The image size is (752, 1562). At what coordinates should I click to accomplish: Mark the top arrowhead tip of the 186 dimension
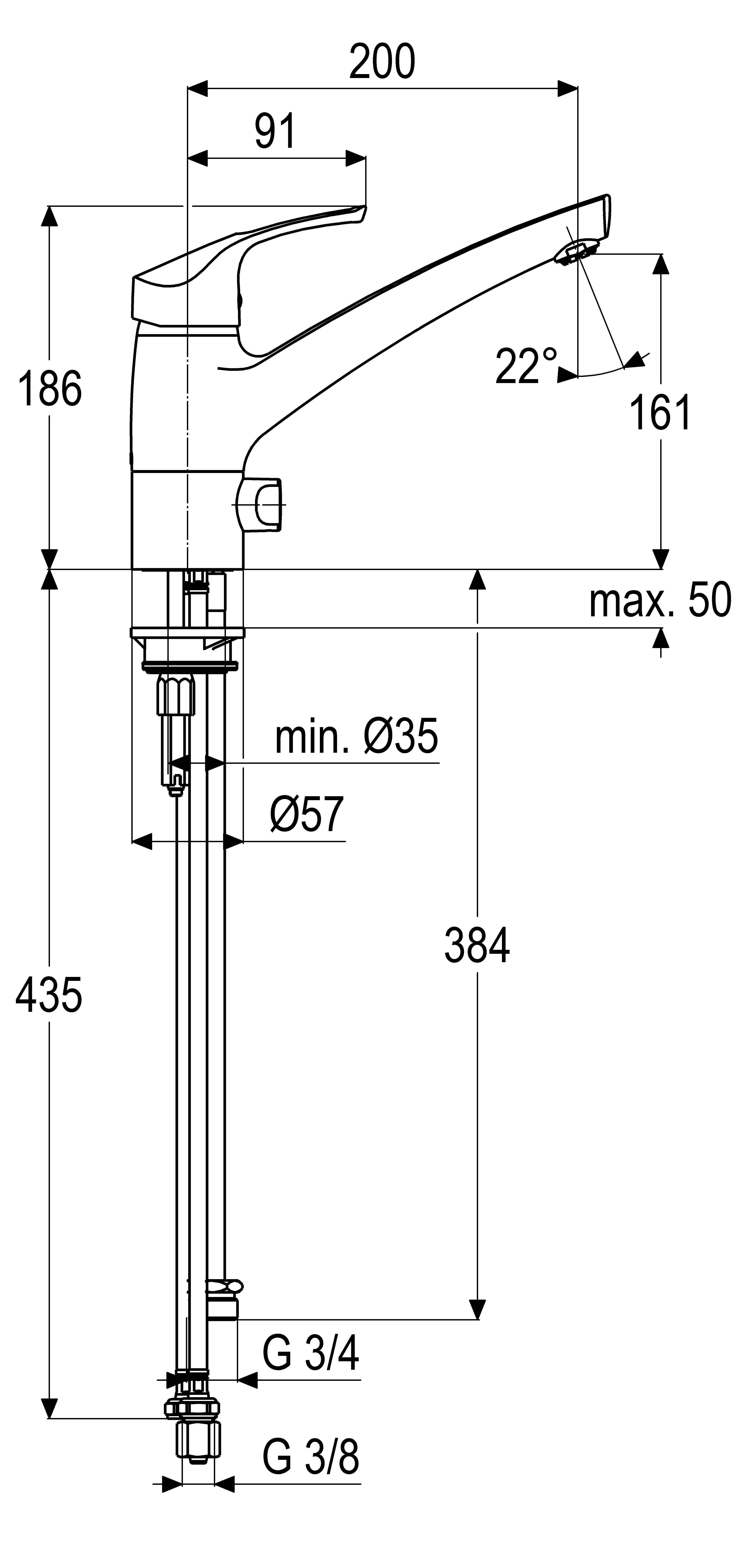click(x=49, y=206)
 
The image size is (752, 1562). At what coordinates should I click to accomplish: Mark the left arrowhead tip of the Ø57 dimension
click(x=132, y=841)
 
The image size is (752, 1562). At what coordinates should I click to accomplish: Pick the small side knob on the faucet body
click(x=261, y=505)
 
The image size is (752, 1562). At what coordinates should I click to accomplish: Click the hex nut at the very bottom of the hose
click(x=198, y=1442)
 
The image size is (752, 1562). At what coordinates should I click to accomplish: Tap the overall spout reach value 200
click(x=382, y=61)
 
